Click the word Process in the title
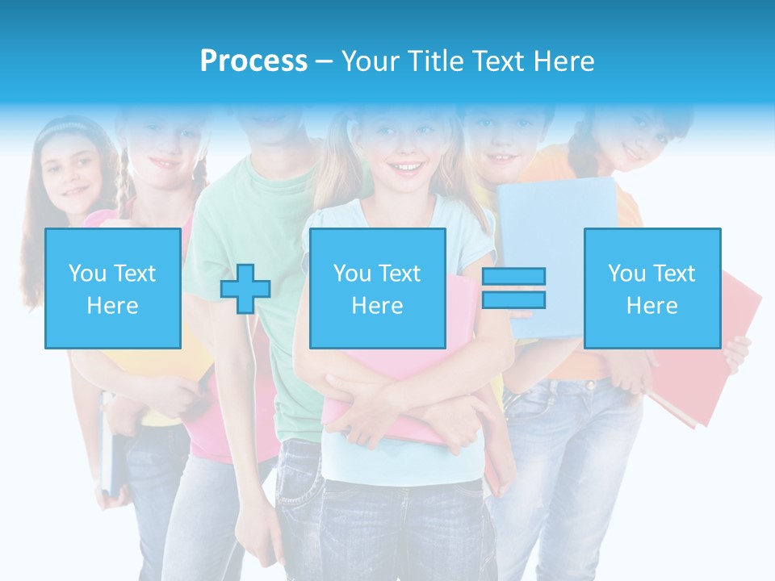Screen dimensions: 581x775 pos(253,61)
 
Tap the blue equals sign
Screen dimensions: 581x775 pos(513,288)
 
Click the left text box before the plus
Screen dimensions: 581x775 pos(113,288)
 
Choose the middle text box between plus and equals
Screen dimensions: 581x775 pos(378,288)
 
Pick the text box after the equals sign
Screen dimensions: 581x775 pos(652,288)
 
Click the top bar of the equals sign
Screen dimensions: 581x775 pos(513,277)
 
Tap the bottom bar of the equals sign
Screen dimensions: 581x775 pos(513,300)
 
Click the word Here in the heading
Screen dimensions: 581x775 pos(564,61)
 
